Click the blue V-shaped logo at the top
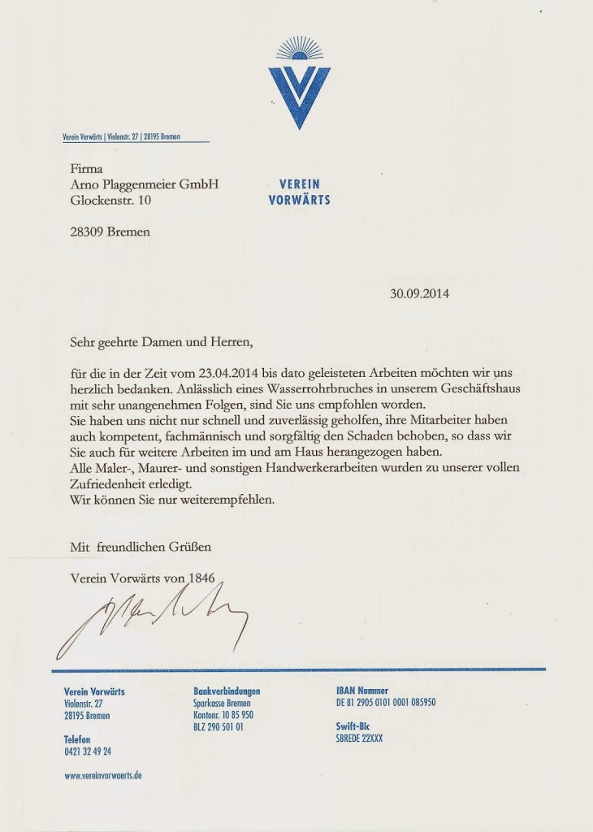coord(299,89)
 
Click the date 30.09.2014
coord(420,294)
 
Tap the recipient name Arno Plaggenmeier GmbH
coord(145,184)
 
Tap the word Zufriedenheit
coord(110,483)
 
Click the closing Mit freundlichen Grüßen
coord(141,547)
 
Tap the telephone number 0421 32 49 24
coord(88,752)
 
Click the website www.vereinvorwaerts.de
coord(103,776)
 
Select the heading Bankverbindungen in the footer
coord(227,691)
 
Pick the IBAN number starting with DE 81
coord(386,703)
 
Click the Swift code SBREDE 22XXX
coord(359,739)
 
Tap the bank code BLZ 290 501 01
coord(219,727)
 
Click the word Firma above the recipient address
coord(86,168)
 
